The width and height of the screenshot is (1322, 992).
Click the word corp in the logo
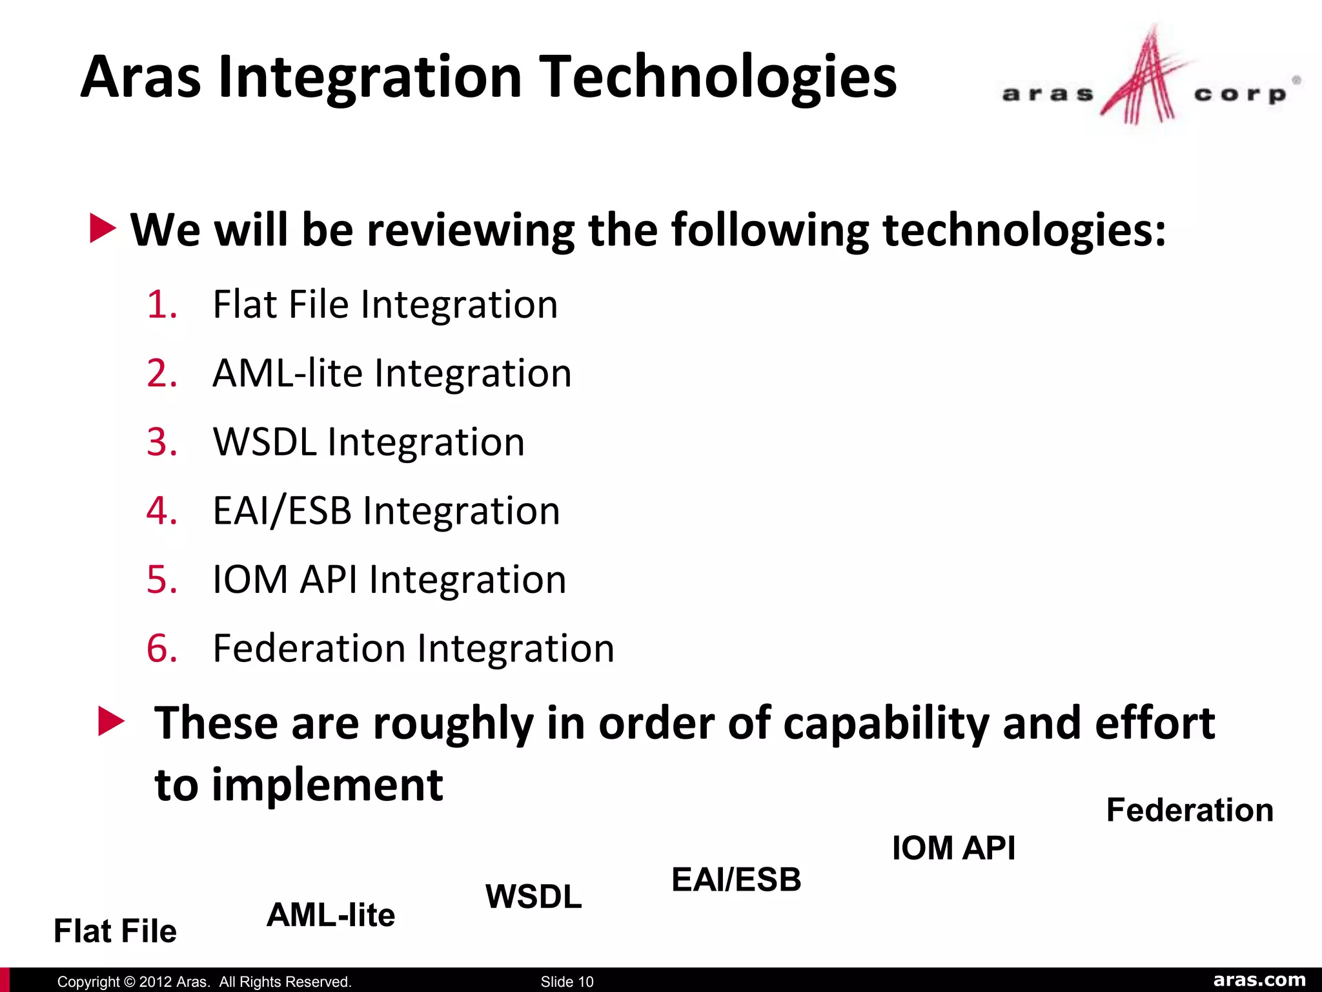(x=1239, y=95)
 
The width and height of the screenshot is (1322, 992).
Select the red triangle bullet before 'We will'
(x=103, y=229)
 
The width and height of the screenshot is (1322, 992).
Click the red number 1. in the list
(x=161, y=305)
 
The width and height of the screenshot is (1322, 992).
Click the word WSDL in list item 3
(x=265, y=442)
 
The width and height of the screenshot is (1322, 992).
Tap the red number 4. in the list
(x=161, y=511)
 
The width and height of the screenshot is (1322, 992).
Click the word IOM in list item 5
(x=250, y=579)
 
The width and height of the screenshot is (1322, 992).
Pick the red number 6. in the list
(x=161, y=648)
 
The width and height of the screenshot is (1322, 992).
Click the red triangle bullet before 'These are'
(x=111, y=721)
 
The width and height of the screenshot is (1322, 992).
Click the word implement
(x=327, y=786)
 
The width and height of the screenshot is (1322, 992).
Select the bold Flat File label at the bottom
(x=115, y=931)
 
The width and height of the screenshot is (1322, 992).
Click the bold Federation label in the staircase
(x=1190, y=810)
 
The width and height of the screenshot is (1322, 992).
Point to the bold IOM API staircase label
(x=953, y=848)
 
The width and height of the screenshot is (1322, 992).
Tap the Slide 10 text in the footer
(x=567, y=982)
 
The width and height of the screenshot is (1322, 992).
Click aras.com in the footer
(x=1259, y=980)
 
